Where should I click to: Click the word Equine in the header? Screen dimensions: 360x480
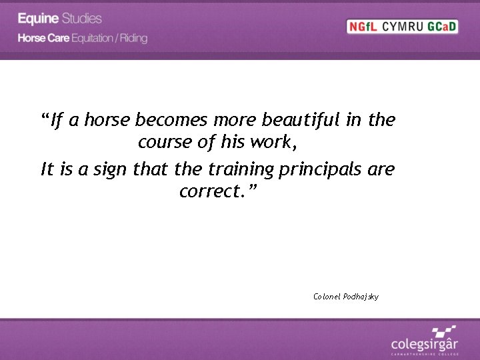39,18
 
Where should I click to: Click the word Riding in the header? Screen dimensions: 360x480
134,38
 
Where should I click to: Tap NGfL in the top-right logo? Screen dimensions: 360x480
363,27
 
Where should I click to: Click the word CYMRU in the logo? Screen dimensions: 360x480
401,27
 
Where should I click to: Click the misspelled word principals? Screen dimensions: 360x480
321,169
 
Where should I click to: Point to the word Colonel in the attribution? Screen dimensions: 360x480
326,296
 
